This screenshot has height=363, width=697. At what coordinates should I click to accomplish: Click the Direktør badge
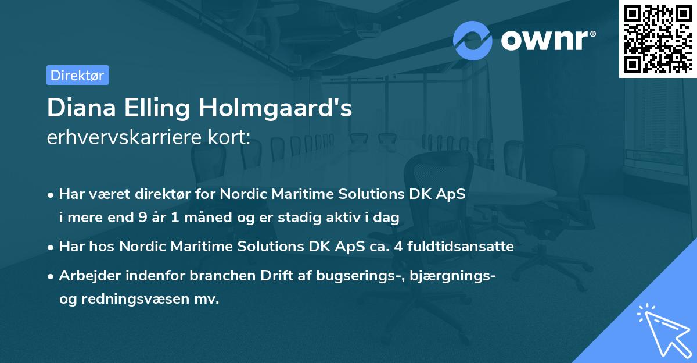click(x=77, y=75)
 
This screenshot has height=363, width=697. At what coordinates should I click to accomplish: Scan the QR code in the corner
click(x=657, y=38)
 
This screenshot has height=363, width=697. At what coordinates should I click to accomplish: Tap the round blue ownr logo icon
click(x=473, y=41)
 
